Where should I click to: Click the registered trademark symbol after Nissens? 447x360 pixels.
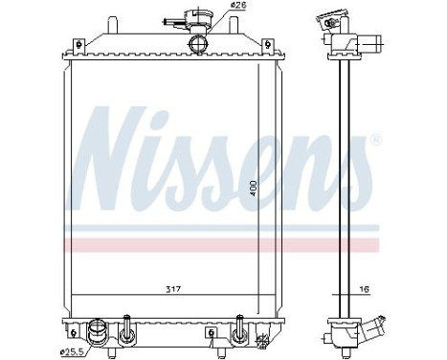coord(374,140)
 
